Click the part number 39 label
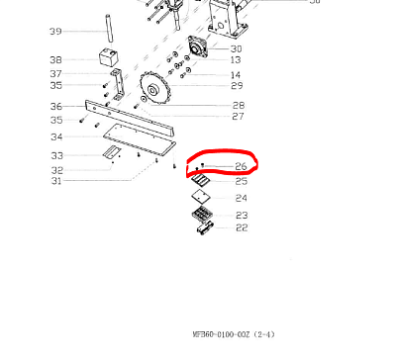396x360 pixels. coord(55,32)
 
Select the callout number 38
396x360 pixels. coord(55,59)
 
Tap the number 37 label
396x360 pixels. coord(55,74)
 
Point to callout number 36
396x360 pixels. coord(55,106)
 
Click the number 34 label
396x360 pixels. coord(55,136)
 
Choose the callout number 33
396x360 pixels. coord(55,155)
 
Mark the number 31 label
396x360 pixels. coord(55,180)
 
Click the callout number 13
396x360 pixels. coord(236,59)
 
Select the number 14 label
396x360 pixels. coord(236,75)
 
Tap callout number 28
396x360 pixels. coord(238,105)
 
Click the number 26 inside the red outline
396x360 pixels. coord(241,166)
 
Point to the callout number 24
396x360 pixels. coord(241,198)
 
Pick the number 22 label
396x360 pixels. coord(241,228)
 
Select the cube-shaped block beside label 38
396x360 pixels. coord(105,56)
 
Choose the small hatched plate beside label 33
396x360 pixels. coord(110,152)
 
